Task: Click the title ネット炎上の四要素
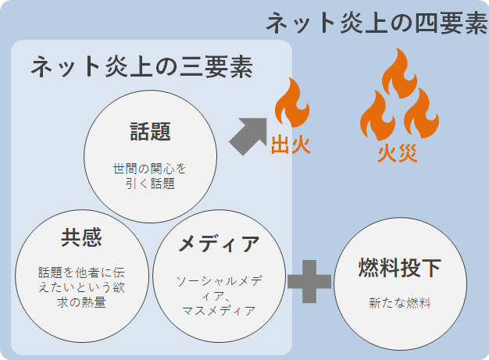click(x=377, y=23)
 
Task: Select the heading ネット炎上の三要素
click(x=141, y=66)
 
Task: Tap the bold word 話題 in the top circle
click(x=150, y=131)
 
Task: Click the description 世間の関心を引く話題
click(x=150, y=176)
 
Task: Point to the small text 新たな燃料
click(x=399, y=303)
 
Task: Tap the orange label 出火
click(x=291, y=145)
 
